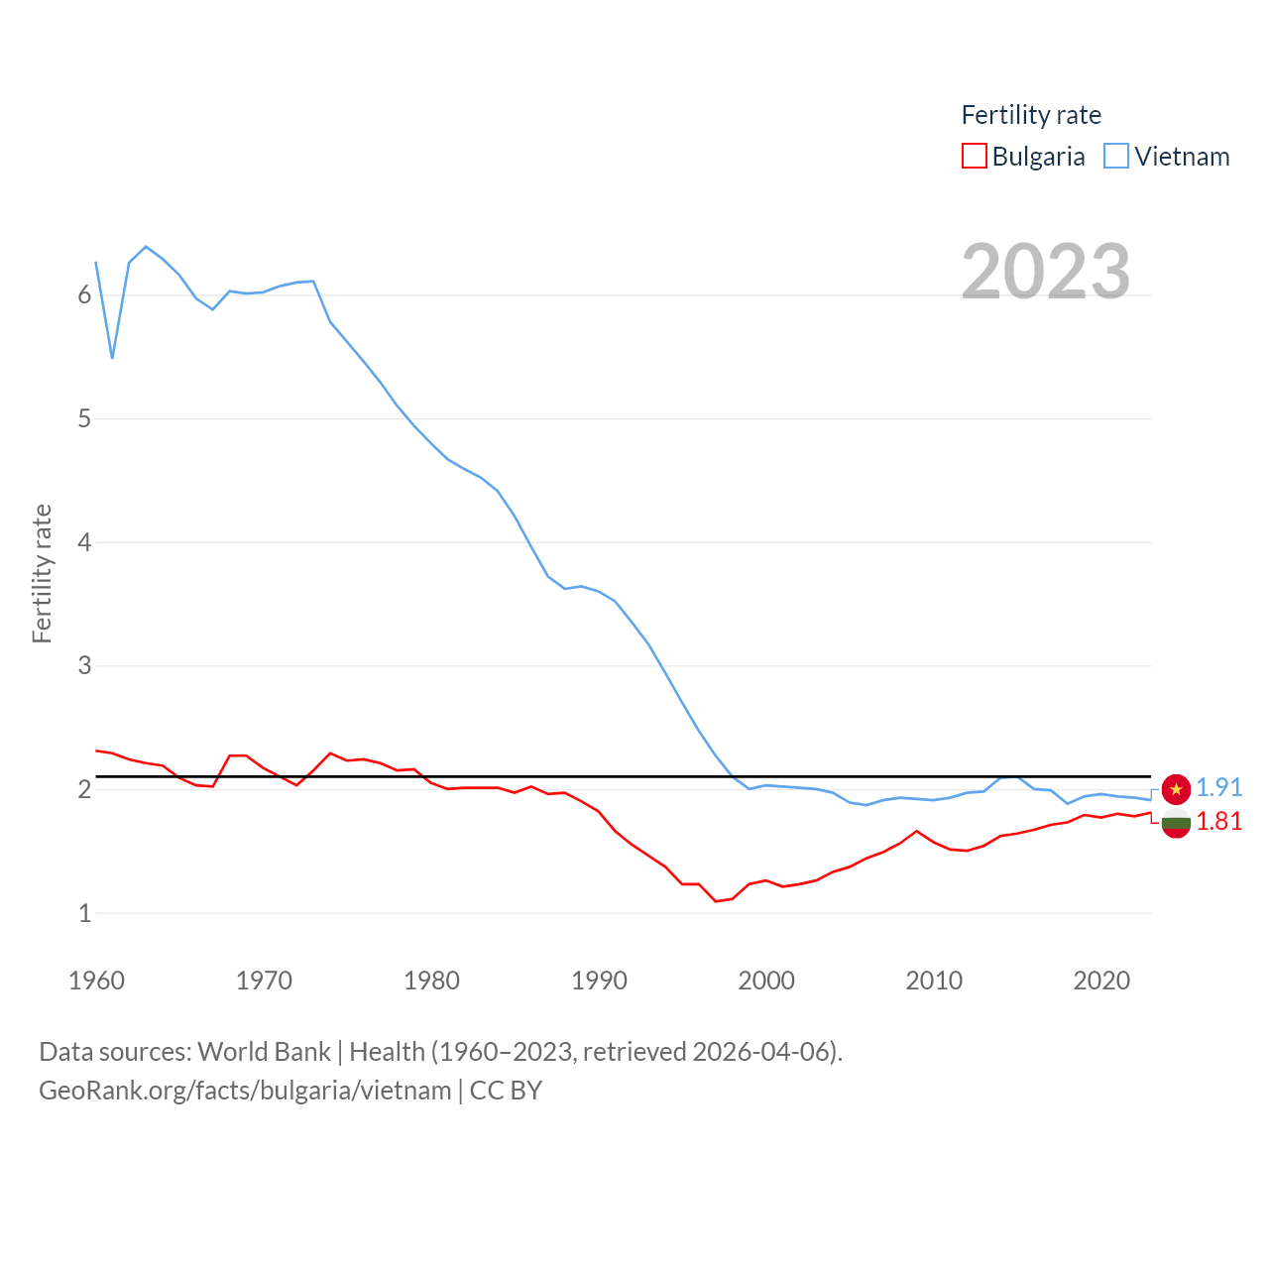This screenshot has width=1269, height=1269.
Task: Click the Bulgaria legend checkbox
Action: point(975,157)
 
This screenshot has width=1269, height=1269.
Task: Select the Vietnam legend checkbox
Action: point(1116,157)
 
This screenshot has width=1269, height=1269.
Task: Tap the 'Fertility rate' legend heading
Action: point(1031,115)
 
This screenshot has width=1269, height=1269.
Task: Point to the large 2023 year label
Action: point(1046,272)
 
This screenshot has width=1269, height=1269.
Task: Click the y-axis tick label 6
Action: point(85,295)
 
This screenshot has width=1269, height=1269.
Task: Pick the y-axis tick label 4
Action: point(85,542)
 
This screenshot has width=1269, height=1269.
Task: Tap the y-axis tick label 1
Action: point(85,913)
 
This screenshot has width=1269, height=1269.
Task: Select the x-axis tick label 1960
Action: point(96,981)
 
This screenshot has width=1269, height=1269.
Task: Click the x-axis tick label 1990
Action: point(599,981)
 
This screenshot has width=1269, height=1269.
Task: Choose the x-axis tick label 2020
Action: point(1101,981)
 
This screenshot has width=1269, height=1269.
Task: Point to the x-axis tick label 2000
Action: point(766,981)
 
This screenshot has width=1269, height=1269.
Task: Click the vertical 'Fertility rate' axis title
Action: point(42,574)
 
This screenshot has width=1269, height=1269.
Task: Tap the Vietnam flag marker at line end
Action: point(1176,789)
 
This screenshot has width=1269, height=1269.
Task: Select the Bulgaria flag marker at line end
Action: point(1176,822)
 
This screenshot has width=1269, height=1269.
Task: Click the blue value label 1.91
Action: point(1218,787)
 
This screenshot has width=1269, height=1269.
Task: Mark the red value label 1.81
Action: point(1218,821)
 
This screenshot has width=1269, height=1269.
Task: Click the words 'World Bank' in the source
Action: point(264,1052)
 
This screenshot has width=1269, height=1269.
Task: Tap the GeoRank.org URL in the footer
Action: point(245,1091)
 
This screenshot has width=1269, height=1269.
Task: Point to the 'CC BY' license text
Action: point(506,1091)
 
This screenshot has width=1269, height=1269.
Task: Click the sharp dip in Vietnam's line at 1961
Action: point(113,357)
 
